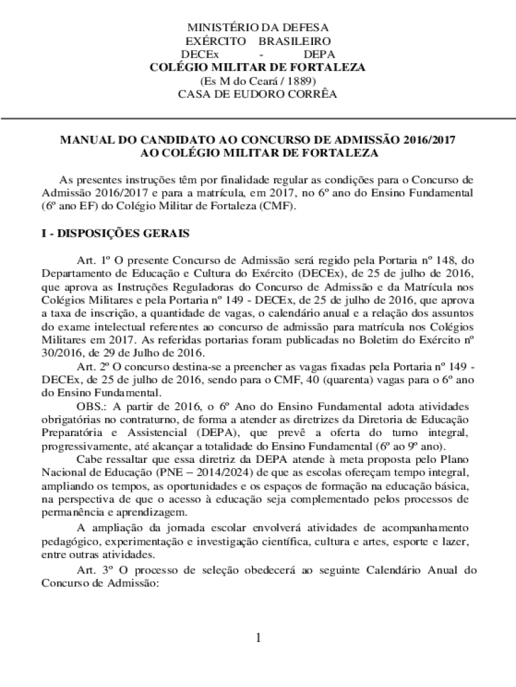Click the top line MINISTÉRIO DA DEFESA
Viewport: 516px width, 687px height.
257,28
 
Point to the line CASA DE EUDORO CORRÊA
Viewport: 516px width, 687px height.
257,94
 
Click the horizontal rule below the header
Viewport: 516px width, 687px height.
257,118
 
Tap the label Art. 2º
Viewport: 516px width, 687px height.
93,367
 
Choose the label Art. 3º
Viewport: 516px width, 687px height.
93,570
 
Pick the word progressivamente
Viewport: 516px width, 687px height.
82,447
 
